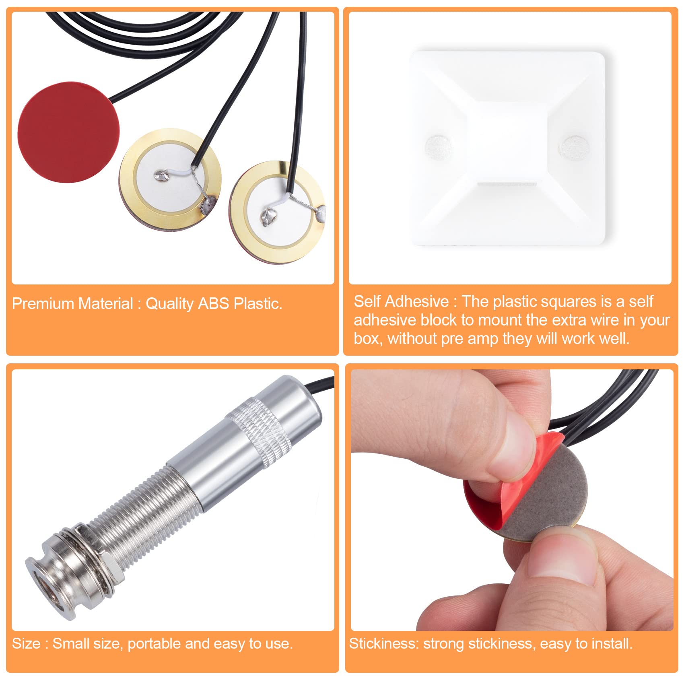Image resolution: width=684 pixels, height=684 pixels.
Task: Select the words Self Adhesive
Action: click(x=401, y=301)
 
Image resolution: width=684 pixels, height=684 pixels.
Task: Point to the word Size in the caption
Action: click(x=26, y=644)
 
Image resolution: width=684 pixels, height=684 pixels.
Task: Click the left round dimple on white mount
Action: click(x=438, y=145)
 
